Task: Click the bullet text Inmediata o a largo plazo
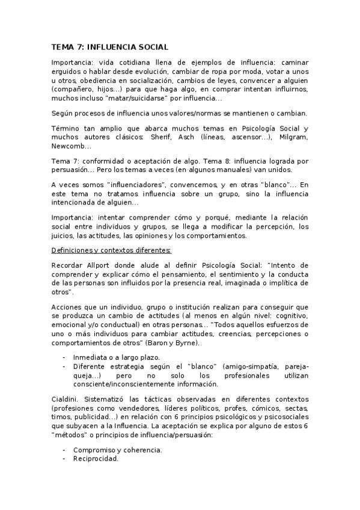pyautogui.click(x=112, y=357)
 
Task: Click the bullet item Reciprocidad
pyautogui.click(x=96, y=458)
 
